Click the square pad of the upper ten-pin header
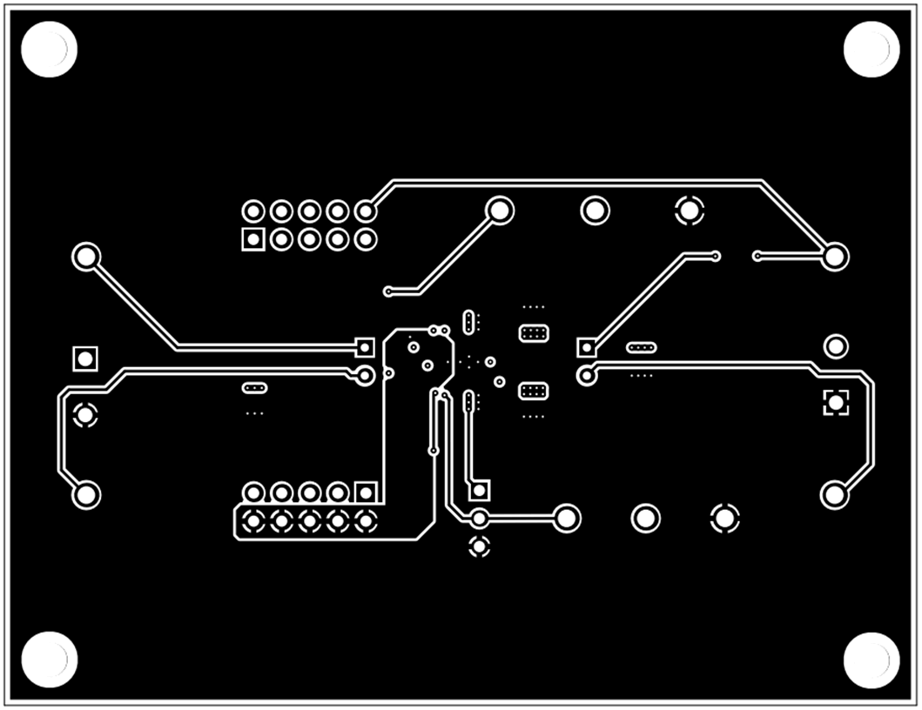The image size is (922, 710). (253, 238)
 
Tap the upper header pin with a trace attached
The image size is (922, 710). (367, 211)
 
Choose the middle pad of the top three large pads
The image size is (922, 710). (596, 210)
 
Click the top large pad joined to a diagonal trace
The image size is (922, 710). (500, 210)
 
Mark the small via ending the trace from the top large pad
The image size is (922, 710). (388, 291)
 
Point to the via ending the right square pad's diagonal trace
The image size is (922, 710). (716, 256)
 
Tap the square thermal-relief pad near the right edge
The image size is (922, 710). (836, 401)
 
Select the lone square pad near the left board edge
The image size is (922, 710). (84, 358)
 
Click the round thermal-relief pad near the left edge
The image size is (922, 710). (84, 415)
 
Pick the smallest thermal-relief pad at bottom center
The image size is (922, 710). (479, 547)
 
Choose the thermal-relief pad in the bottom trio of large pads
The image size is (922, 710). (724, 519)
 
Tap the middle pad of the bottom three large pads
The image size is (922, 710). (645, 519)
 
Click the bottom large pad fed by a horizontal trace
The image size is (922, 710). (567, 519)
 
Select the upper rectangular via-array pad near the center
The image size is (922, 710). (533, 332)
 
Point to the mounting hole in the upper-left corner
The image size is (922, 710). (49, 49)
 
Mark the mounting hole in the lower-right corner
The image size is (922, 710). (872, 660)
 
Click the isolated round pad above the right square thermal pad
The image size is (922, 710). (836, 346)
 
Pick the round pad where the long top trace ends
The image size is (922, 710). (835, 256)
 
